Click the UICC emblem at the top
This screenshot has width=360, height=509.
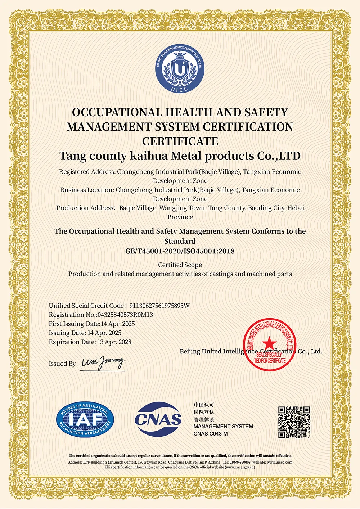click(180, 69)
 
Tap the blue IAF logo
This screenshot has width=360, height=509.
click(85, 420)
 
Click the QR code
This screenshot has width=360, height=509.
click(294, 422)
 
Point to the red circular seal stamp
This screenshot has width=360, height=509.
click(270, 344)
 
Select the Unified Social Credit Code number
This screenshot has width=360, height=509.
click(159, 306)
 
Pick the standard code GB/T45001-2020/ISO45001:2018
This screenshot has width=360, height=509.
click(180, 251)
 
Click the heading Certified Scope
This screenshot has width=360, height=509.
click(180, 265)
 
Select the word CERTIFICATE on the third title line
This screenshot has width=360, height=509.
click(180, 141)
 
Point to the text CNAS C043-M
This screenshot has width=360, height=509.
click(211, 434)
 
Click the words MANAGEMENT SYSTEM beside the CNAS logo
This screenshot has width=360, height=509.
click(223, 427)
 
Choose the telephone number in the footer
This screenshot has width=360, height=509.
click(240, 462)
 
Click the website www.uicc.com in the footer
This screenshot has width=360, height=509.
click(280, 462)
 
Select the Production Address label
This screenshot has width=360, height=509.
click(85, 208)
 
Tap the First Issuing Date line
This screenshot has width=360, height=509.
click(92, 324)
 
